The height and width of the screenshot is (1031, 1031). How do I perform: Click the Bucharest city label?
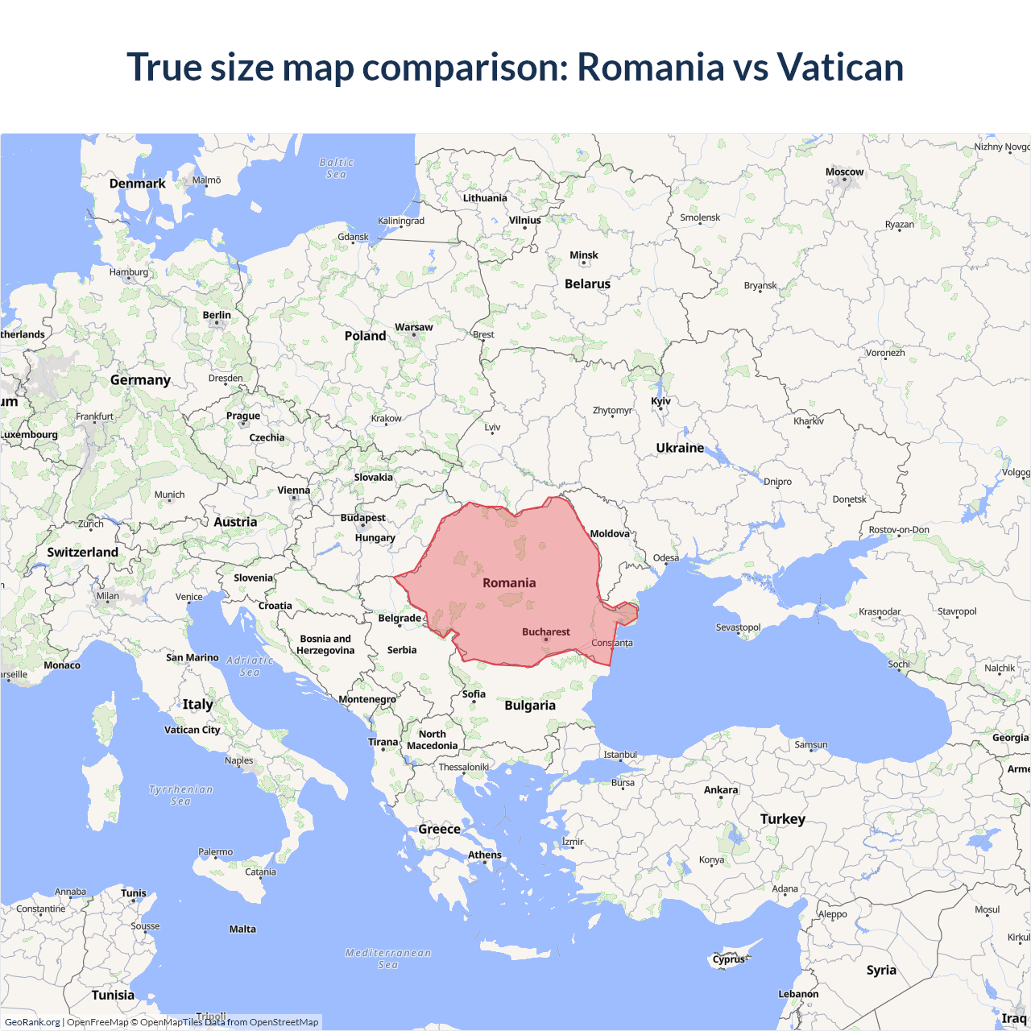tap(545, 632)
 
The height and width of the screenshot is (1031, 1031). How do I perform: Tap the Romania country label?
tap(509, 582)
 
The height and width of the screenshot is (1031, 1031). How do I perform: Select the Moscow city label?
tap(844, 172)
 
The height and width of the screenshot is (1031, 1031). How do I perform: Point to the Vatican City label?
tap(192, 730)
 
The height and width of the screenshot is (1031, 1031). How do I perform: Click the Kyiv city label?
tap(660, 401)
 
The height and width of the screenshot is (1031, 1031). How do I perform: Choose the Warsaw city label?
tap(413, 327)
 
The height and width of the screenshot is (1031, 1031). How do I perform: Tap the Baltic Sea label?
tap(336, 168)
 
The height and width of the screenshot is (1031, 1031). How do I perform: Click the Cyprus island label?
tap(729, 959)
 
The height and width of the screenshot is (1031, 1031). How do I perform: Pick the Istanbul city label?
tap(620, 755)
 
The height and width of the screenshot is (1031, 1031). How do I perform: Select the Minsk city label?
tap(584, 255)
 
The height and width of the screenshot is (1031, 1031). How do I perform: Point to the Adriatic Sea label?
tap(250, 666)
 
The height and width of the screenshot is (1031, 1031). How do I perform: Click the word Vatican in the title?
tap(840, 67)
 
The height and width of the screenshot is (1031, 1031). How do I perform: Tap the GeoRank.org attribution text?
tap(32, 1022)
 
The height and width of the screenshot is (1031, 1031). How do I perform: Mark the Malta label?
tap(242, 929)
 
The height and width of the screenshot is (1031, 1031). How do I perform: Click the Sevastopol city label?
tap(738, 627)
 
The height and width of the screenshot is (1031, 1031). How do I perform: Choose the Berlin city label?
tap(217, 315)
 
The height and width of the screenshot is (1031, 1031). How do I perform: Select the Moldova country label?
tap(610, 534)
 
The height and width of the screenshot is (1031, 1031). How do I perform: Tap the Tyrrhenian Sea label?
tap(181, 795)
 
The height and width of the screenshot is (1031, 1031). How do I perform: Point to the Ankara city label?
tap(721, 790)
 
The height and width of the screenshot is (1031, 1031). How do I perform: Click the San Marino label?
tap(192, 657)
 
